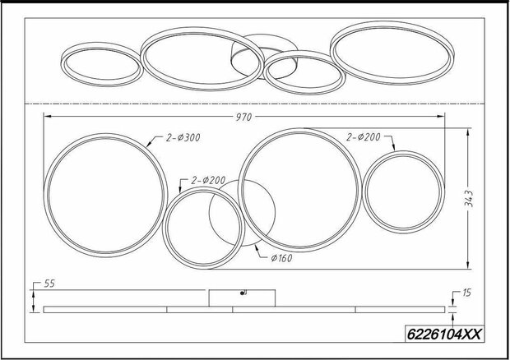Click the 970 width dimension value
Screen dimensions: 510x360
click(x=243, y=117)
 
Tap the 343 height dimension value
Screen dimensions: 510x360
click(x=469, y=198)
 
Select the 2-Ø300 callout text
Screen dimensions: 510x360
click(x=183, y=138)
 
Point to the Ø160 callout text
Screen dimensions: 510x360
click(x=281, y=258)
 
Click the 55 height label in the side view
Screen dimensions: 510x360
click(x=49, y=284)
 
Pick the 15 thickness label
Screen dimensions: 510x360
click(x=466, y=293)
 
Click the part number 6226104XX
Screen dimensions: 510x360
click(x=444, y=334)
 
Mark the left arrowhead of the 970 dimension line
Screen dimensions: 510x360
click(x=47, y=117)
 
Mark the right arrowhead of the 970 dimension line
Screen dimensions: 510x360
click(x=442, y=117)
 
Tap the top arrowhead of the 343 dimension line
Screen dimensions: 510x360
click(x=468, y=132)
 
